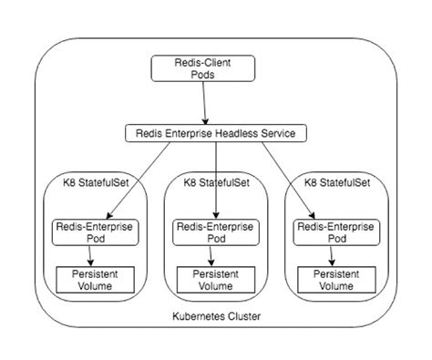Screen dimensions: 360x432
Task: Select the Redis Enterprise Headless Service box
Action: pyautogui.click(x=215, y=134)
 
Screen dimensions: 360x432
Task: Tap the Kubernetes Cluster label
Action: pyautogui.click(x=216, y=317)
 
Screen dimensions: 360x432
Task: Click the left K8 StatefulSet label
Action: pyautogui.click(x=96, y=182)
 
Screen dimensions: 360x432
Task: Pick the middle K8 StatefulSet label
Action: pyautogui.click(x=216, y=182)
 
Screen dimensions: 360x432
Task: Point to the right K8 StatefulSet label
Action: pyautogui.click(x=338, y=182)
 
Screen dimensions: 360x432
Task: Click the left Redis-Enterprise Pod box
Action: pyautogui.click(x=95, y=231)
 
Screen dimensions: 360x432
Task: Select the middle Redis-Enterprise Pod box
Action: pyautogui.click(x=216, y=231)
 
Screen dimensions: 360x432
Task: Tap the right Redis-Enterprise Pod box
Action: pyautogui.click(x=337, y=231)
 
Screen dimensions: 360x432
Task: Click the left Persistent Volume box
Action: pyautogui.click(x=95, y=278)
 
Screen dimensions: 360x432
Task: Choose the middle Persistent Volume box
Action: pyautogui.click(x=216, y=278)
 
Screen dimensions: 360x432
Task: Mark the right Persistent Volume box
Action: pyautogui.click(x=337, y=278)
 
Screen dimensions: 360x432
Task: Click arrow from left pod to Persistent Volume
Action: pyautogui.click(x=95, y=255)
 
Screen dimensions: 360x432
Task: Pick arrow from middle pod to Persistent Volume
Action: pyautogui.click(x=216, y=255)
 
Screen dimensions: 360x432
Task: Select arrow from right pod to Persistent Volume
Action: pyautogui.click(x=337, y=255)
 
